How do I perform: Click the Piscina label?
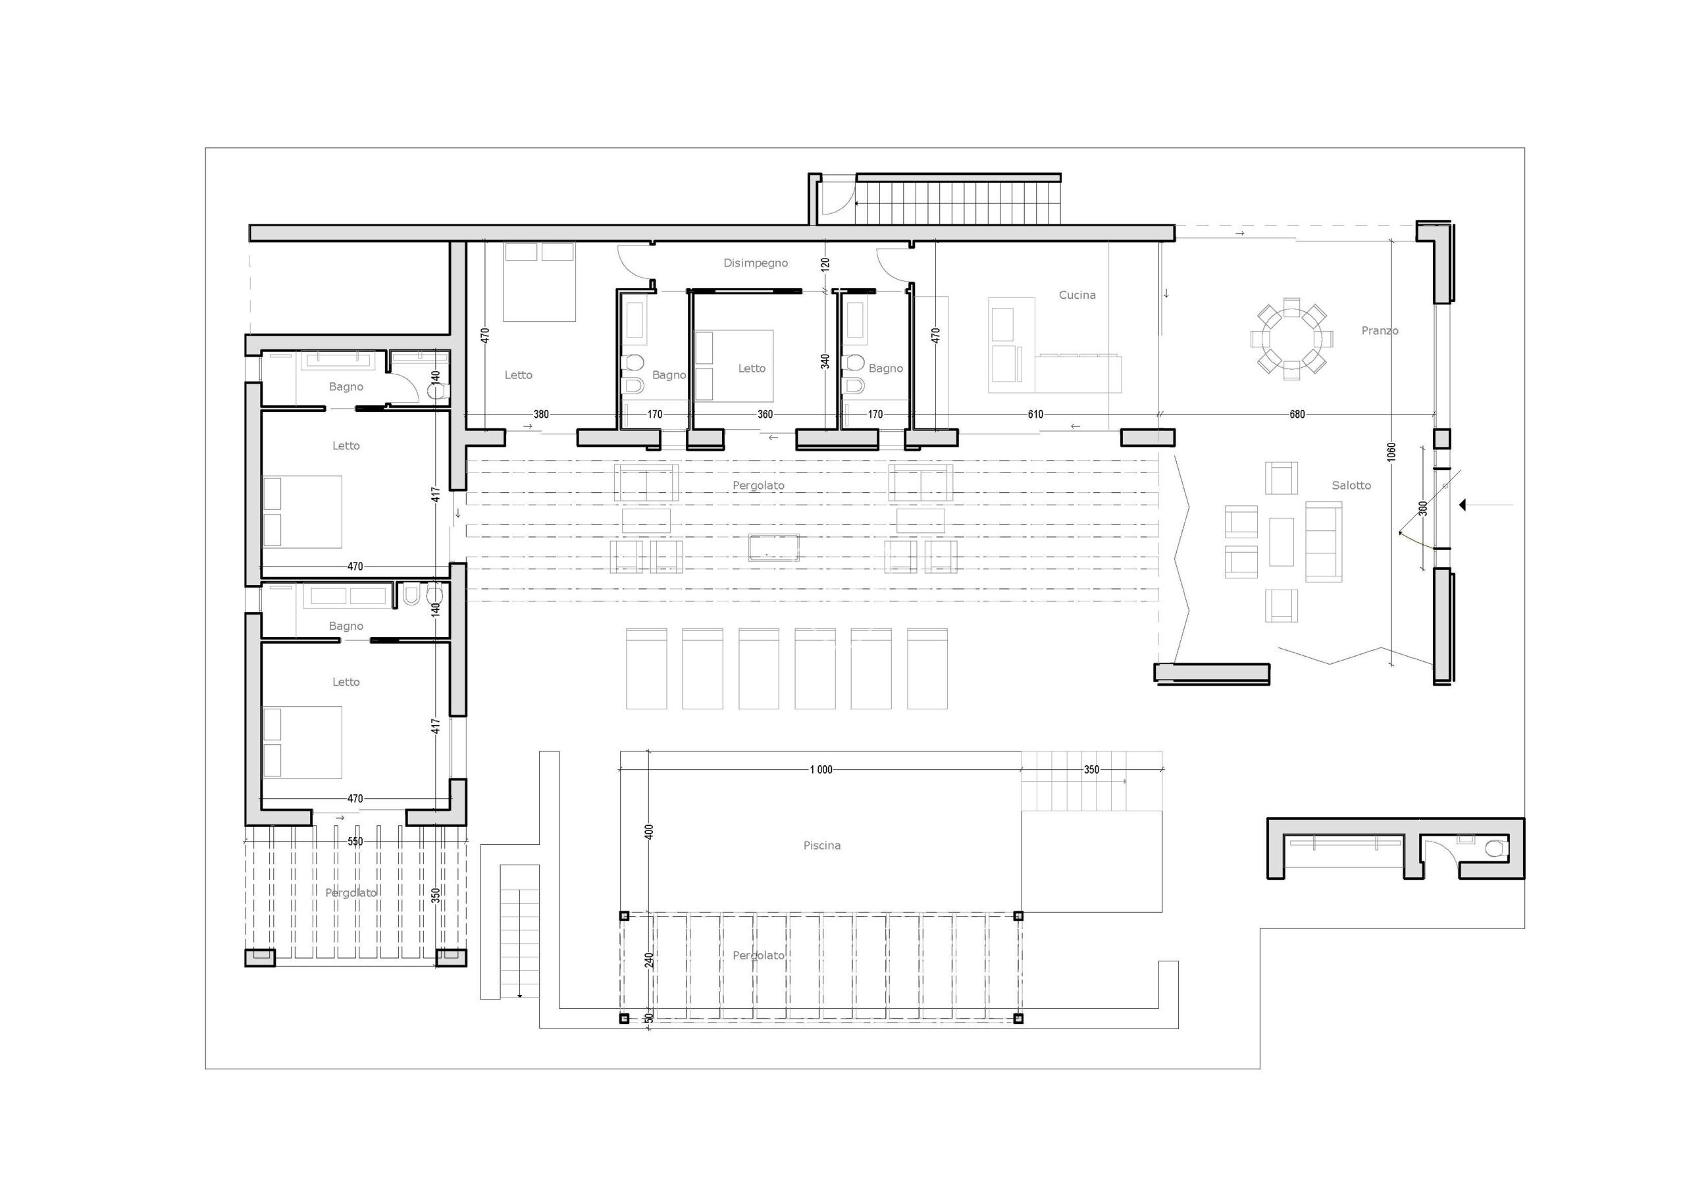click(x=821, y=846)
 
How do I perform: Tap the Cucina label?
click(x=1077, y=295)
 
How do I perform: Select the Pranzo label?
click(x=1380, y=331)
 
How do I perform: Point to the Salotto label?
click(x=1351, y=485)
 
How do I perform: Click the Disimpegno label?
click(x=755, y=263)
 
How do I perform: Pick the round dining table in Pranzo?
click(x=1291, y=339)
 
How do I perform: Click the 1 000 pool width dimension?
click(x=821, y=770)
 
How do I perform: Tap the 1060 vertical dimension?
click(x=1391, y=452)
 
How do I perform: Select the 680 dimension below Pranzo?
click(x=1297, y=415)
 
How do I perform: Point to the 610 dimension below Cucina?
click(x=1035, y=415)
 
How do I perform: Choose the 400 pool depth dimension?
click(x=648, y=832)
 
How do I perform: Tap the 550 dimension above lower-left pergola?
click(x=355, y=842)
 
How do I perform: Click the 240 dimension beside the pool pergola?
click(x=648, y=960)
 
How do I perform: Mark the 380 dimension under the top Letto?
click(x=541, y=415)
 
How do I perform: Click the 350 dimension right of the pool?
click(x=1091, y=770)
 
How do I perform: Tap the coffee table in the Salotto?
click(x=1282, y=542)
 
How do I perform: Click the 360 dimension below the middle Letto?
click(x=765, y=415)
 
